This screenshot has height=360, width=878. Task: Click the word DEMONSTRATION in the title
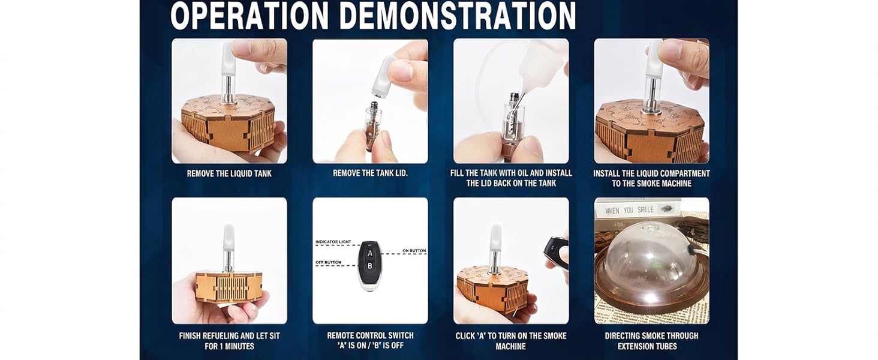(x=457, y=16)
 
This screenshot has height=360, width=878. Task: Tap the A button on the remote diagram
(x=369, y=253)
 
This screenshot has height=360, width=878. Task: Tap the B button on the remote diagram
(x=369, y=265)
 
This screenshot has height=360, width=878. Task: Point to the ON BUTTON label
(x=414, y=250)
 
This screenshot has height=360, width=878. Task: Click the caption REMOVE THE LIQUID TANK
(x=229, y=173)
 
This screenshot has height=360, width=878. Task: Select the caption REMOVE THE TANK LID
(x=370, y=173)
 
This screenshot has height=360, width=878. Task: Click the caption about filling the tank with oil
(x=511, y=178)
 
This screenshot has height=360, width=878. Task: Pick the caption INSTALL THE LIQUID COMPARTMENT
(x=651, y=178)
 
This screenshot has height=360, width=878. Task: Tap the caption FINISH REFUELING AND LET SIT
(x=229, y=341)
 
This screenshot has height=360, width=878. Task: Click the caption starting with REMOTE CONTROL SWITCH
(x=370, y=341)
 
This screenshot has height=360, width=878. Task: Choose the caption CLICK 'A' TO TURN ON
(x=511, y=341)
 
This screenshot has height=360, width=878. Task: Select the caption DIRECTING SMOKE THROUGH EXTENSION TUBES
(x=651, y=341)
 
